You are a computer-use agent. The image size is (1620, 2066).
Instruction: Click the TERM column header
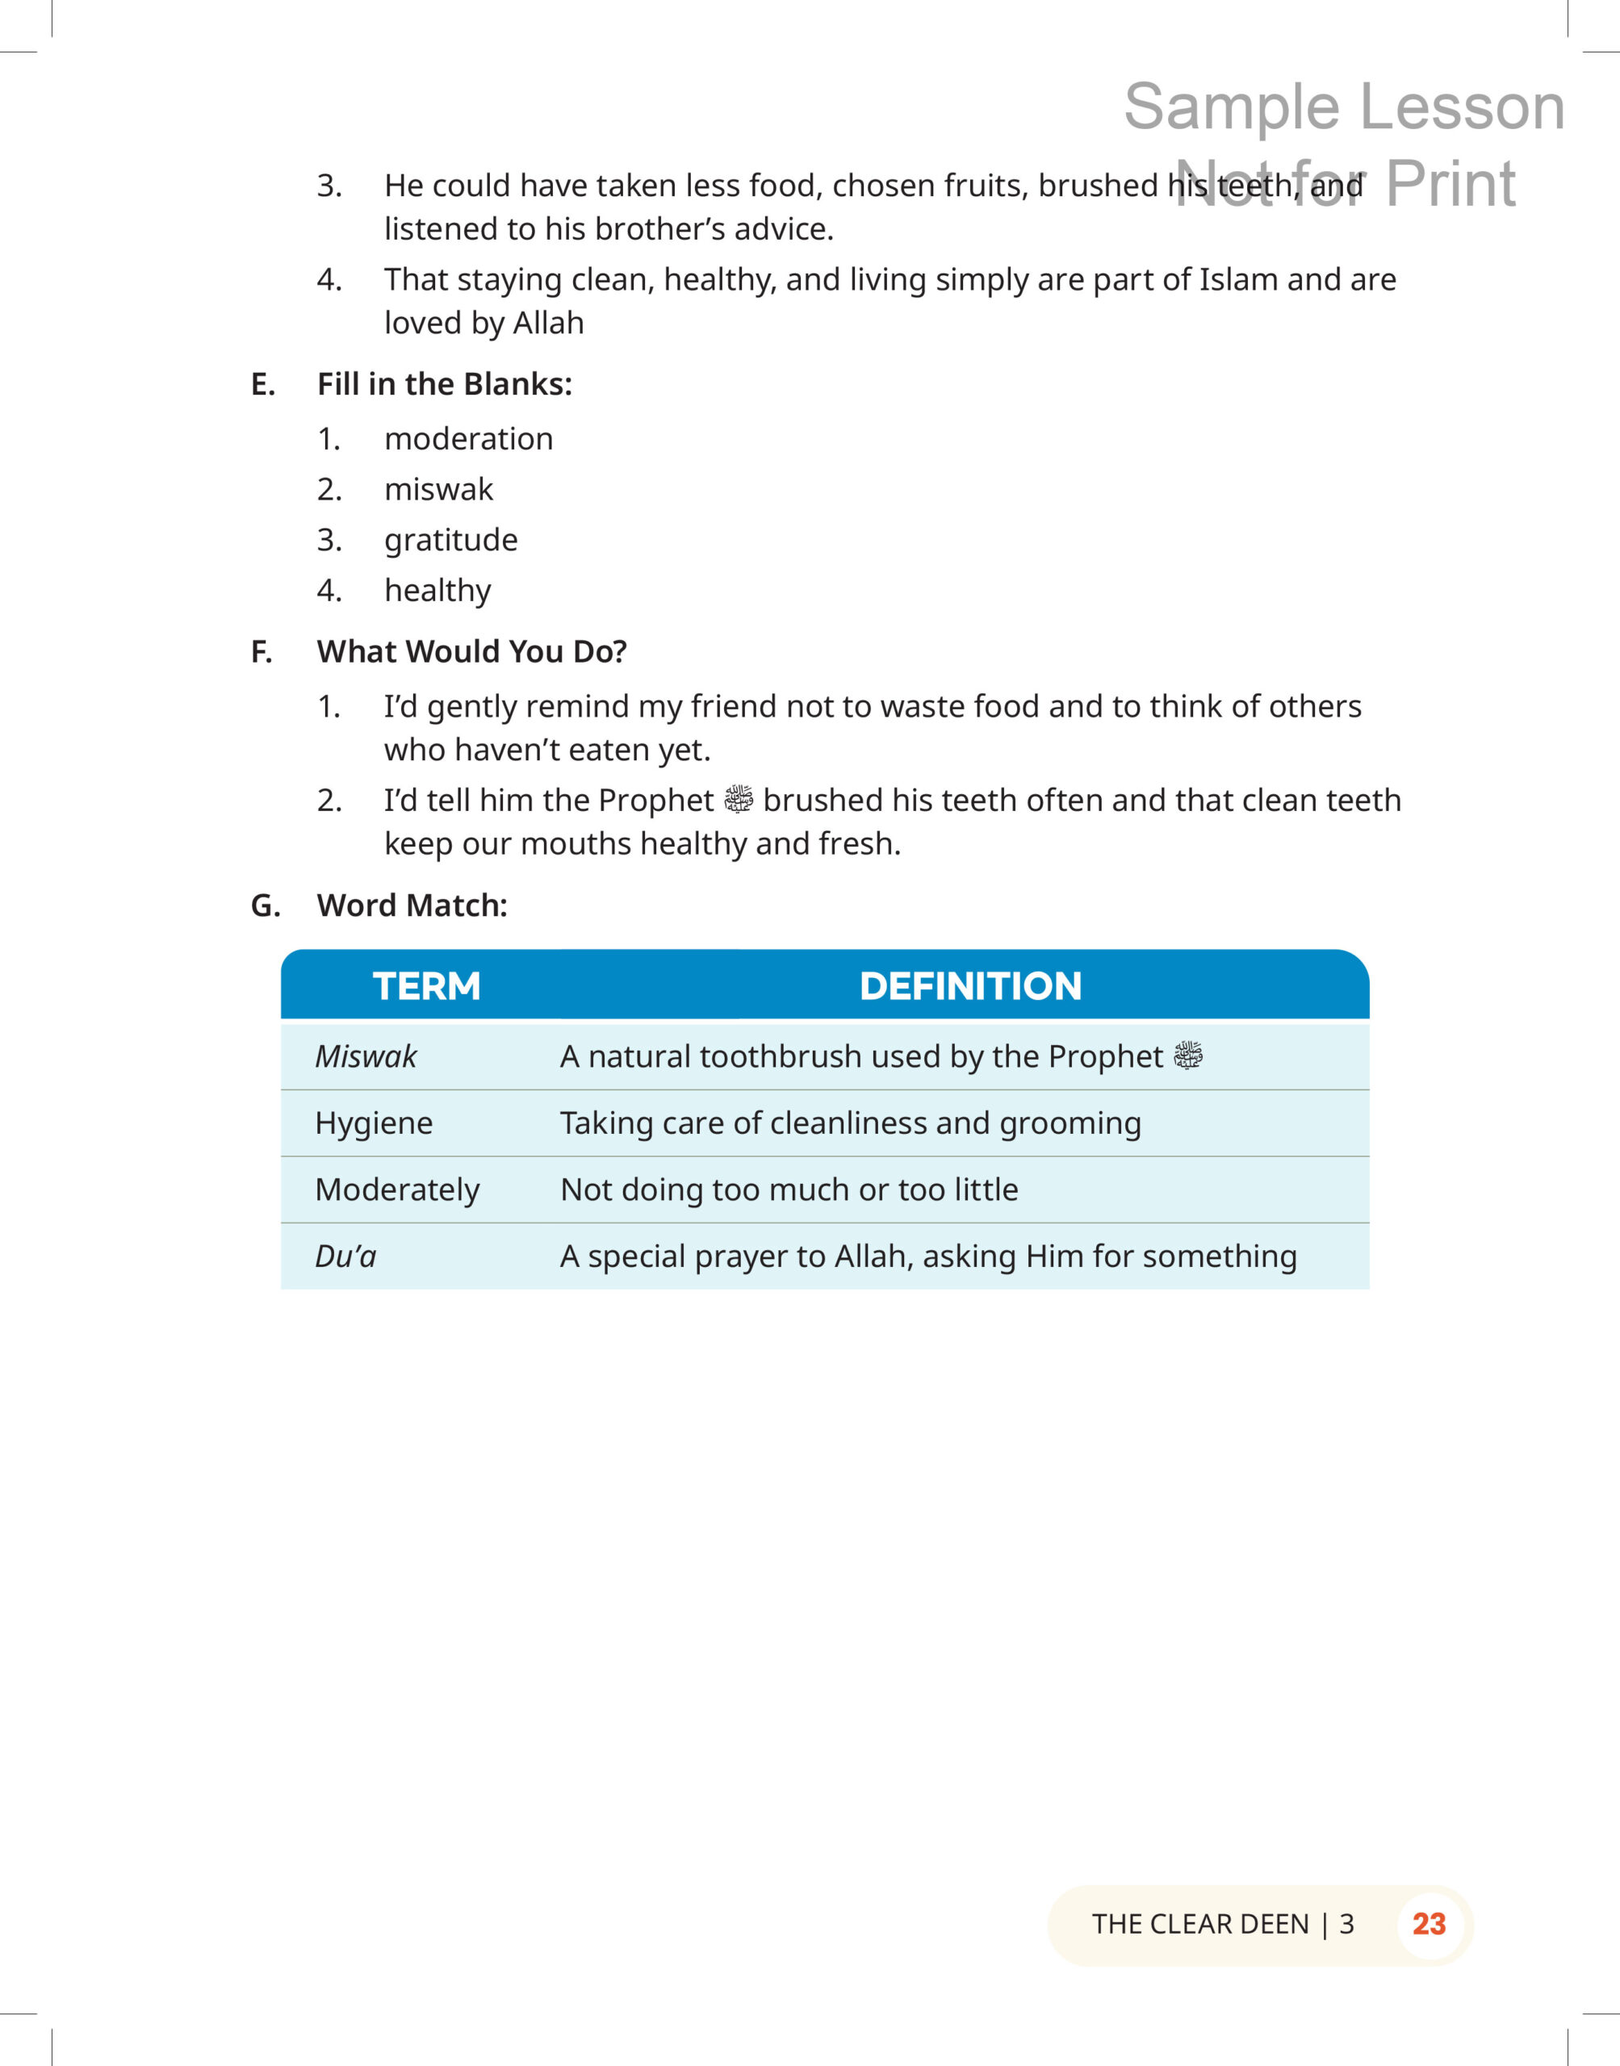(x=426, y=986)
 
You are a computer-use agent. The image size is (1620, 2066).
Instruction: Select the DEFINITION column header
(x=969, y=986)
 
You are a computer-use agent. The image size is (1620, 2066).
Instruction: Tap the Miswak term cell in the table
(x=366, y=1056)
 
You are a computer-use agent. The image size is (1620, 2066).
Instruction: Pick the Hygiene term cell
(x=374, y=1123)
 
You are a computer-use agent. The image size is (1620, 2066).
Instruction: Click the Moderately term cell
(x=397, y=1190)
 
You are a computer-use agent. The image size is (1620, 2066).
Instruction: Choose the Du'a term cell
(x=346, y=1257)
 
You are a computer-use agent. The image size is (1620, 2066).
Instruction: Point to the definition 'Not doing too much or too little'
(x=789, y=1190)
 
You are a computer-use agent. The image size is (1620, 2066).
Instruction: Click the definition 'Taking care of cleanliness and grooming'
(x=850, y=1123)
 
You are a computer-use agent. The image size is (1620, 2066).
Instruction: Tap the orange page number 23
(x=1429, y=1924)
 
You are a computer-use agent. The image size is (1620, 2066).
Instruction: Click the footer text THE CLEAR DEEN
(x=1199, y=1924)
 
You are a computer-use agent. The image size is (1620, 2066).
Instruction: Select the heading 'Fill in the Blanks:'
(x=444, y=384)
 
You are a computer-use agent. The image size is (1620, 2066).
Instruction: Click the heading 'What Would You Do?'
(x=471, y=651)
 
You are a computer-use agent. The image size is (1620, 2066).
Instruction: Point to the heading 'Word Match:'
(x=412, y=905)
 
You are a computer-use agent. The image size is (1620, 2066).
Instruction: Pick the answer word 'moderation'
(x=468, y=439)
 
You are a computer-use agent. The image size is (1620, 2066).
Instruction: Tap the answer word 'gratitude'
(x=450, y=539)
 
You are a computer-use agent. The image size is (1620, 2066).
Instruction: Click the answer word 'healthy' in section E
(x=437, y=591)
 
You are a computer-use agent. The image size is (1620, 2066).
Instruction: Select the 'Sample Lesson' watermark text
(x=1343, y=107)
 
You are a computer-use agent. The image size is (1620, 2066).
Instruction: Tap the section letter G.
(x=265, y=905)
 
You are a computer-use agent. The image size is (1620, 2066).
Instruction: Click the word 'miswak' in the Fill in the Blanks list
(x=438, y=489)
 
